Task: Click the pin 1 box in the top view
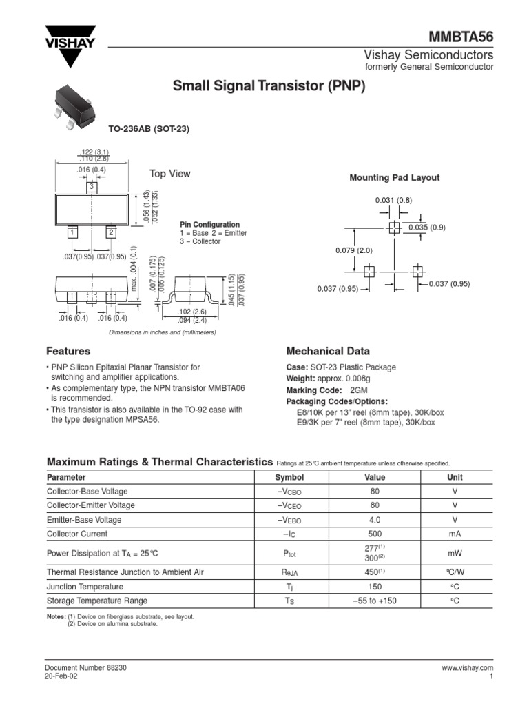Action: point(71,233)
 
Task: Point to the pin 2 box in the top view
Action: point(110,233)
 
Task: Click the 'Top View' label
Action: point(170,174)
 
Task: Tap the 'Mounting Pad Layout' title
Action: point(394,178)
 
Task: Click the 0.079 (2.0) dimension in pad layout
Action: point(353,250)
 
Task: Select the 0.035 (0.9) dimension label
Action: point(427,228)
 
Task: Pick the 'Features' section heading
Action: point(68,351)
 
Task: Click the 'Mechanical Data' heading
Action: point(327,351)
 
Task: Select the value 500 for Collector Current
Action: point(375,534)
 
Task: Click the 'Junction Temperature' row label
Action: point(85,587)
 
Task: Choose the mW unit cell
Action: point(455,553)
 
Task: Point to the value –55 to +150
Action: point(375,601)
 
